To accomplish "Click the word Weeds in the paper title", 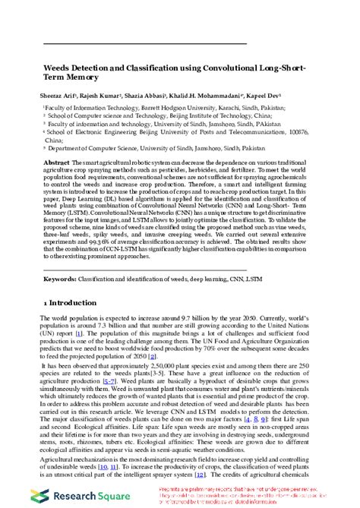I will (x=57, y=68).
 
